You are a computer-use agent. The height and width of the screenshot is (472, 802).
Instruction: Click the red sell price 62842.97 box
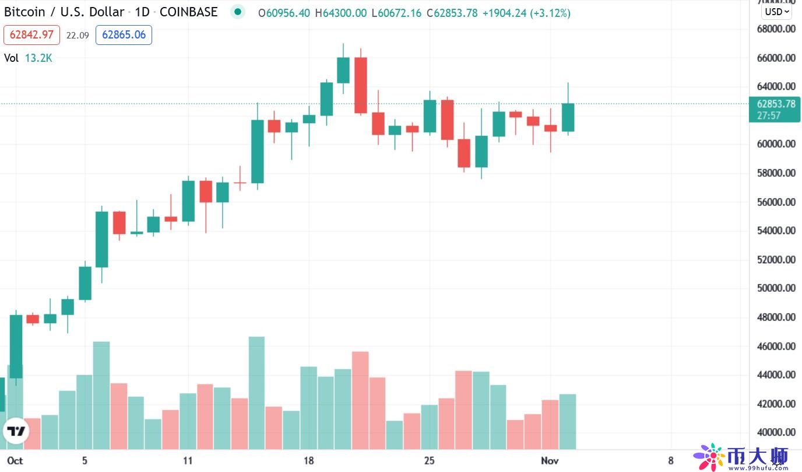pos(31,35)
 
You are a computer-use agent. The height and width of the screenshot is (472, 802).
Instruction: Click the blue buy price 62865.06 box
pos(124,35)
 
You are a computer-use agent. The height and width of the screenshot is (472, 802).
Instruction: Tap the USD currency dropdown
pos(776,11)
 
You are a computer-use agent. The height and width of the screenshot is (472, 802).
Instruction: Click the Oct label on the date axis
pos(15,460)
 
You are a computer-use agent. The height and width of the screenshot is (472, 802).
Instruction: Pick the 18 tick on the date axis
pos(308,460)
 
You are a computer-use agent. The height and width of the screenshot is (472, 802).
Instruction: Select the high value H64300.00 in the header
pos(345,13)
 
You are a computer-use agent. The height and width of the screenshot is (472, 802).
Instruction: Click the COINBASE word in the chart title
pos(188,12)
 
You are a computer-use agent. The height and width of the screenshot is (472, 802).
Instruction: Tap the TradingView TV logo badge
pos(16,432)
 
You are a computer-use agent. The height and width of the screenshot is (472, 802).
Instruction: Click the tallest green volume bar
pos(256,393)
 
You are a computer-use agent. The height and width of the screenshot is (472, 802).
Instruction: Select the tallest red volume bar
pos(360,400)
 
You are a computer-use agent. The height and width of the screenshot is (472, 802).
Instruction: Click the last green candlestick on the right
pos(568,117)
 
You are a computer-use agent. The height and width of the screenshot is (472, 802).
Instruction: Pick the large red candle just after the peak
pos(360,85)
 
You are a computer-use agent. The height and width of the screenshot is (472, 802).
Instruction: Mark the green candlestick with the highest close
pos(343,70)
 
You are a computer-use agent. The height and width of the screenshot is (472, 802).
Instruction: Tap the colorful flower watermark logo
pos(709,456)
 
